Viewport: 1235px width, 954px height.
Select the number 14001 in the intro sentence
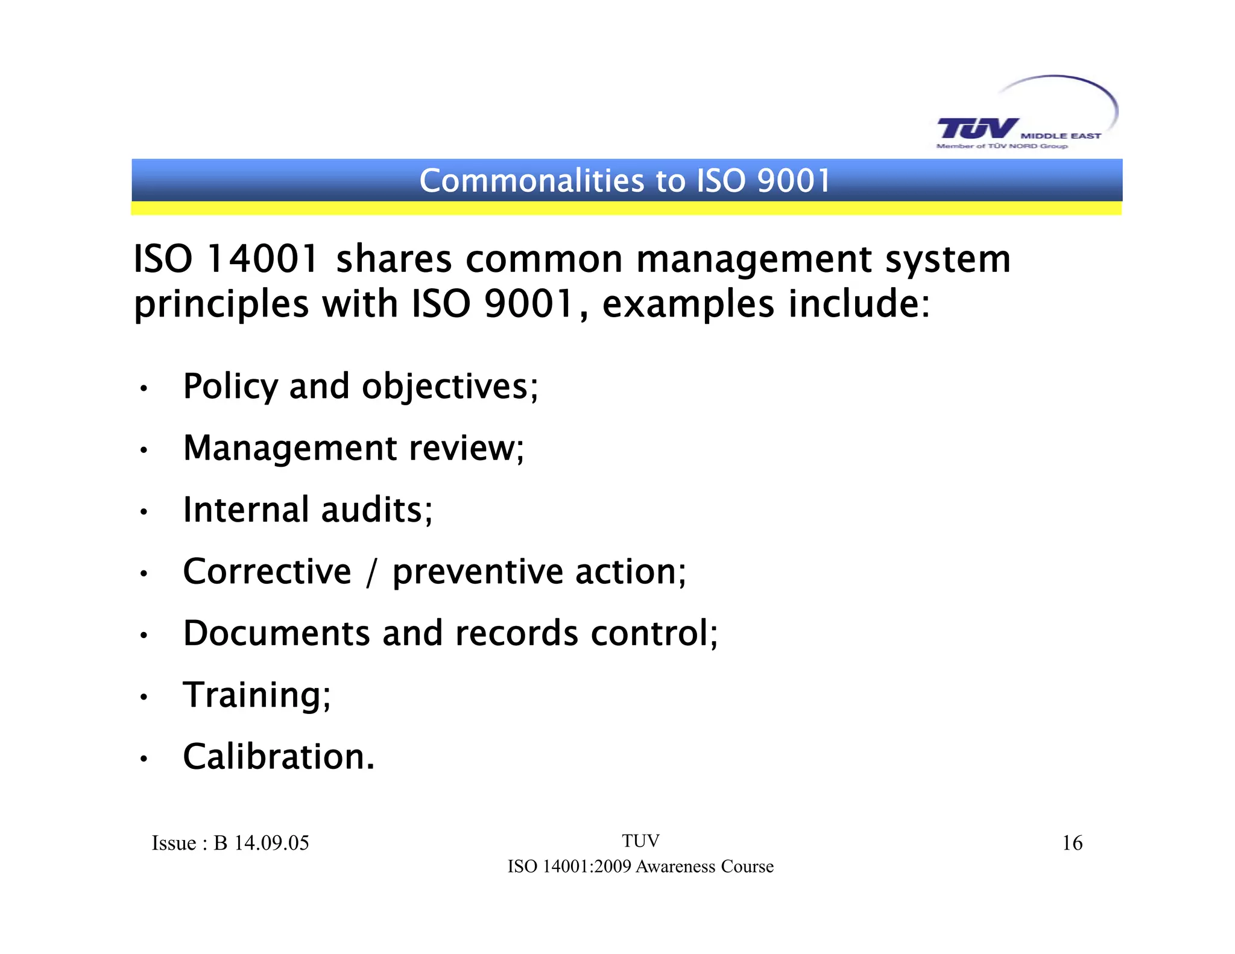[x=262, y=260]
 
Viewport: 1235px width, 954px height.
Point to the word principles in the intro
[x=221, y=305]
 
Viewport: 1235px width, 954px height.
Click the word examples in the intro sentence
[x=688, y=304]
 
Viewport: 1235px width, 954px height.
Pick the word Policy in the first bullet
[x=230, y=387]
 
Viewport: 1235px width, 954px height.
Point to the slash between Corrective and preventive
[x=372, y=573]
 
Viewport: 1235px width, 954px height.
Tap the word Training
[x=257, y=696]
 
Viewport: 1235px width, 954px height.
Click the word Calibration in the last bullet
[x=279, y=757]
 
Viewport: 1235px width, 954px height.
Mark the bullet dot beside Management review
[x=144, y=450]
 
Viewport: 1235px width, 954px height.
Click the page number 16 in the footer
[x=1072, y=843]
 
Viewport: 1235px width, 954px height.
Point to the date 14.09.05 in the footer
[x=271, y=843]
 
